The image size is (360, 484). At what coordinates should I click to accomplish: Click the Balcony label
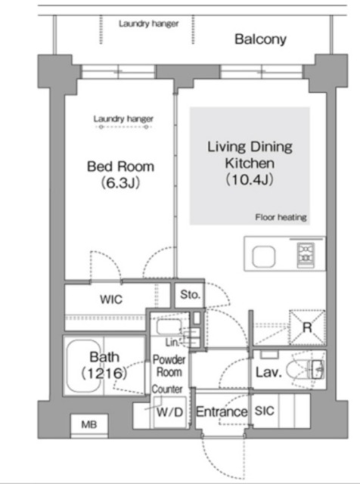259,39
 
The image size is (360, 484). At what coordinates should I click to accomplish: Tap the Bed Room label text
120,166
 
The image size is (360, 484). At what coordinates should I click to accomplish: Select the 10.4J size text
249,180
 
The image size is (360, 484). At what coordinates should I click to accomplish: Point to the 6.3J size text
121,184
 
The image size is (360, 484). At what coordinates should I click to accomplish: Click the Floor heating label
280,218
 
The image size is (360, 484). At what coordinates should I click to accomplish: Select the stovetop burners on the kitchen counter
306,254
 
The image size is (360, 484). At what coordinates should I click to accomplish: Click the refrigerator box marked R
306,327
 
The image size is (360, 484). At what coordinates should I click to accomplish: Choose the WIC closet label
111,299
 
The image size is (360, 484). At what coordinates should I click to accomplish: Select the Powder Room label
170,367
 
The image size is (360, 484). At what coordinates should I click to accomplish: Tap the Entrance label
222,412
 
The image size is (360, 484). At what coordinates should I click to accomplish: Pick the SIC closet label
265,412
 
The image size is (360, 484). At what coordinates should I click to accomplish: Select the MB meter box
88,425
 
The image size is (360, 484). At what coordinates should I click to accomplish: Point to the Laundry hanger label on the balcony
149,23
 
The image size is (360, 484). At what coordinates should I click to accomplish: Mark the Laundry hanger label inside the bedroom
123,119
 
